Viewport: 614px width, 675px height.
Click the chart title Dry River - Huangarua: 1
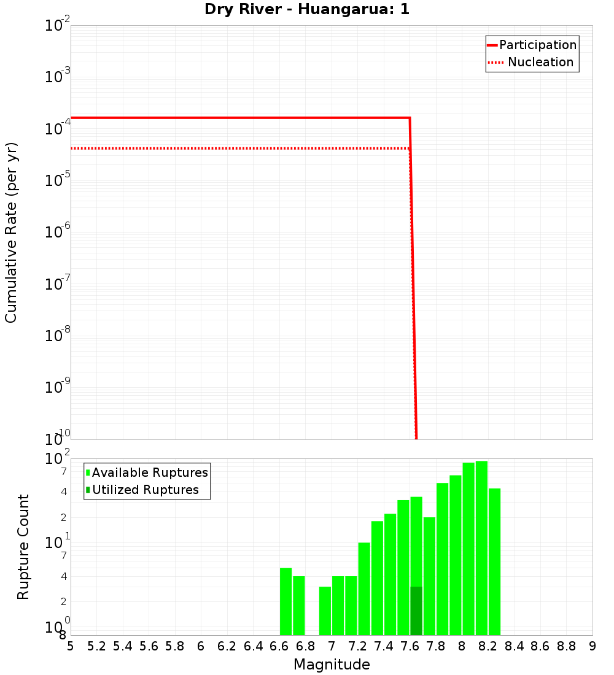[x=306, y=10]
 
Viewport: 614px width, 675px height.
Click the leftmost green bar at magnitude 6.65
[x=286, y=601]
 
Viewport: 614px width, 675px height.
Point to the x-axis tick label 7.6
[x=410, y=646]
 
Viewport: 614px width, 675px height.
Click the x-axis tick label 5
[x=71, y=646]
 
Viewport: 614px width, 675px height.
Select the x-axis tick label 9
[x=593, y=646]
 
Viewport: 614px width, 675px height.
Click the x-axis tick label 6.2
[x=227, y=646]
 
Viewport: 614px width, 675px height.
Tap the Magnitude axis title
[x=332, y=665]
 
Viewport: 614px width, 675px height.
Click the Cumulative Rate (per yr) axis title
[x=11, y=232]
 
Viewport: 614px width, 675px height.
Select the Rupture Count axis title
[x=23, y=547]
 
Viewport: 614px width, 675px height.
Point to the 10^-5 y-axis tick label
[x=58, y=180]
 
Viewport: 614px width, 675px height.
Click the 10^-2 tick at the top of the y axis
[x=58, y=26]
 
